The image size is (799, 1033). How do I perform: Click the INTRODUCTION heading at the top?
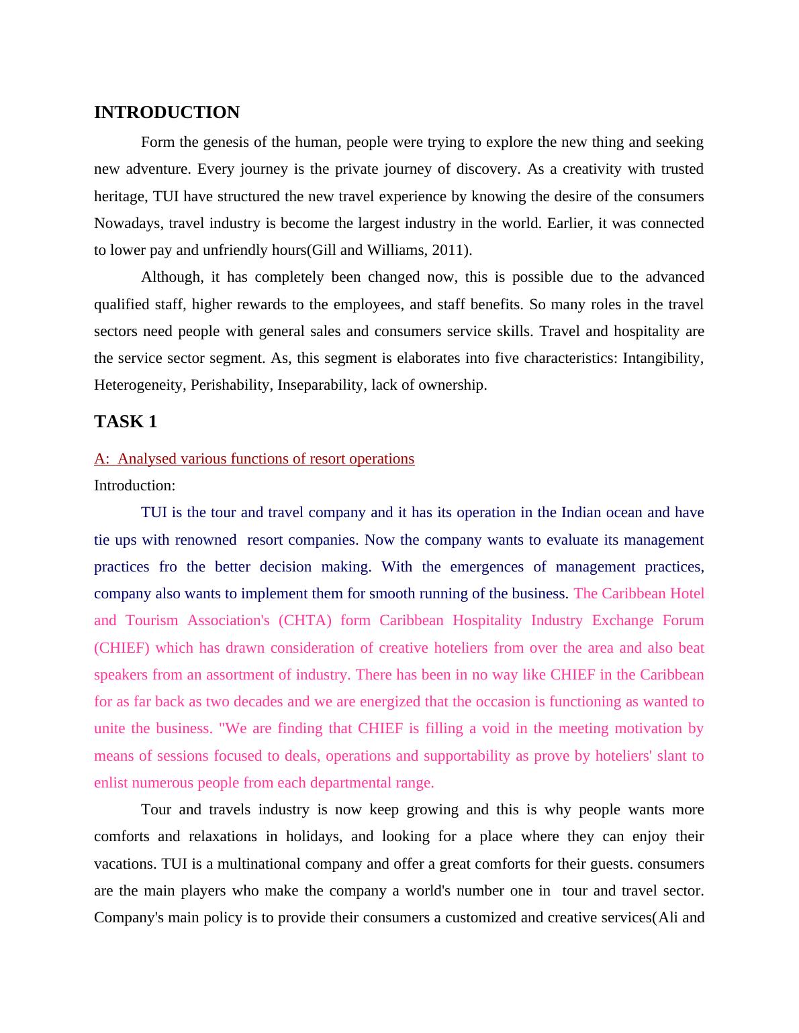167,113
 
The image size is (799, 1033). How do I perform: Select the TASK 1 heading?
126,422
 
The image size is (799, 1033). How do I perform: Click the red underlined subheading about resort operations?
254,459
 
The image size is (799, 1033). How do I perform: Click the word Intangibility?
663,358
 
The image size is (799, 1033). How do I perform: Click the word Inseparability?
321,385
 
